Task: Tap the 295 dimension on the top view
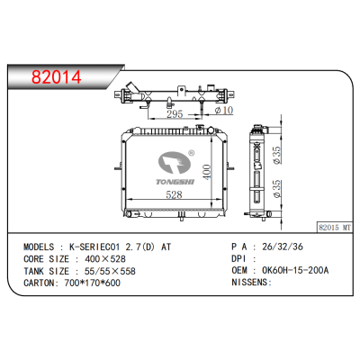click(175, 114)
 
